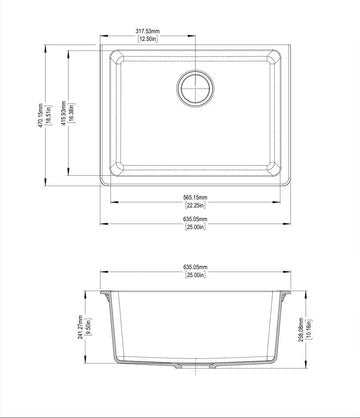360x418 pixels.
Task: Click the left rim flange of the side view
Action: pyautogui.click(x=105, y=291)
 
